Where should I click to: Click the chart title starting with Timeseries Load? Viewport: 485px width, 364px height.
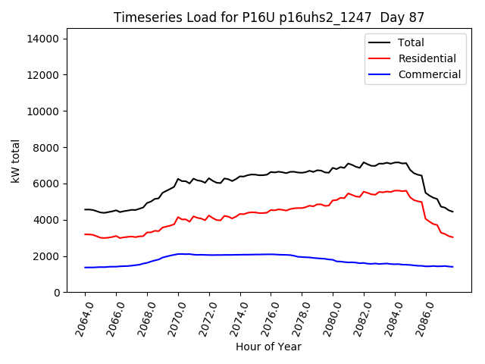click(x=268, y=17)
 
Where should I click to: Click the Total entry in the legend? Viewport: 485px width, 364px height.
click(x=411, y=42)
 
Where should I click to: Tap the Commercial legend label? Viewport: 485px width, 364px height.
click(x=429, y=74)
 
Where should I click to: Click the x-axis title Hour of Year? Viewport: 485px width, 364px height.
click(x=268, y=347)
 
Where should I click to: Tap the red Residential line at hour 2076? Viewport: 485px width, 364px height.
click(x=271, y=210)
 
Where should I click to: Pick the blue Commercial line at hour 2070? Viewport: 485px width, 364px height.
click(x=178, y=254)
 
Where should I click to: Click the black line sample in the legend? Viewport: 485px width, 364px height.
click(x=379, y=42)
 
